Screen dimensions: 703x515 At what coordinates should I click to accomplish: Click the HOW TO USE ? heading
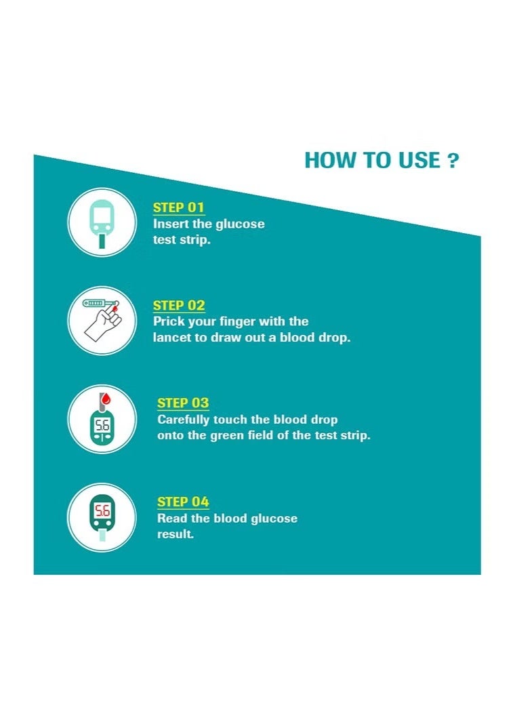click(382, 161)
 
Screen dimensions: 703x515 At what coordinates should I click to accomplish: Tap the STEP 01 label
click(178, 207)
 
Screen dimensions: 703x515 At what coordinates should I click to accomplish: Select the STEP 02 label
click(178, 305)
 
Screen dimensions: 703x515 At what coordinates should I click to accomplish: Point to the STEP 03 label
click(183, 403)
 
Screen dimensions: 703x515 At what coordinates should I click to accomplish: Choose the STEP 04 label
click(183, 502)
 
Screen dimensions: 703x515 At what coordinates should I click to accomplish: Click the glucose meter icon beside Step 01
click(102, 222)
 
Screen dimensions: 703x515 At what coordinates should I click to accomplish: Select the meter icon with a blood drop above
click(102, 419)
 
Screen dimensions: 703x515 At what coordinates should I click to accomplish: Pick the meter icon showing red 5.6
click(102, 517)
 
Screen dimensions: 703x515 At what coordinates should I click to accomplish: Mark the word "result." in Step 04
click(176, 534)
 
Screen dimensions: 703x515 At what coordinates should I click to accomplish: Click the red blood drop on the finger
click(115, 308)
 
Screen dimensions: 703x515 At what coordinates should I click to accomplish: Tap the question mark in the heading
click(453, 161)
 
